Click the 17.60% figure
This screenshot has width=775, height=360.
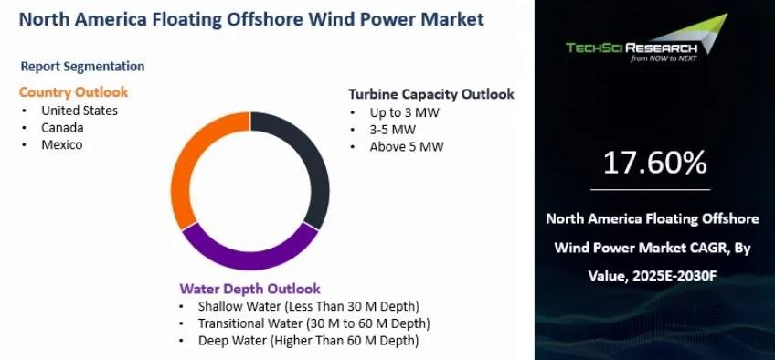[655, 164]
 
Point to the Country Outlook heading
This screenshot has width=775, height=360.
[73, 92]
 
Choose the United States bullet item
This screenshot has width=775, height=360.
[80, 111]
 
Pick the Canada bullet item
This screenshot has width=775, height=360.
[62, 128]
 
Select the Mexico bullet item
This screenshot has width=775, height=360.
[62, 145]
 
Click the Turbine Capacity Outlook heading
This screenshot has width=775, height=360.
[431, 94]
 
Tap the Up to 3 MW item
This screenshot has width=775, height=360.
[404, 113]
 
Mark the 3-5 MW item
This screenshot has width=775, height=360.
[392, 131]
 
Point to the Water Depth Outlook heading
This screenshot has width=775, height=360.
[250, 289]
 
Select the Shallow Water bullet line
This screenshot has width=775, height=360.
[308, 307]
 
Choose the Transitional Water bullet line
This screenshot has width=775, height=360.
[313, 324]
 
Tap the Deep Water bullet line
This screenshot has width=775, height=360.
[308, 341]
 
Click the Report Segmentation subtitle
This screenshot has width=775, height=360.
[82, 67]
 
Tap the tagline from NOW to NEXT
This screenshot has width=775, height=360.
[664, 58]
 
